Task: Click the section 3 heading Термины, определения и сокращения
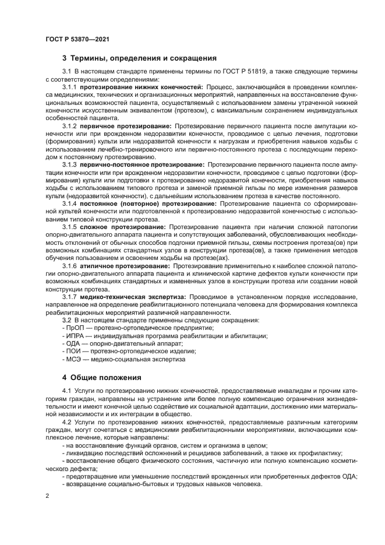point(139,58)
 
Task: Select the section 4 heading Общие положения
point(102,377)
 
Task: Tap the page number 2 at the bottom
point(47,497)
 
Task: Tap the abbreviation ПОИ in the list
point(73,352)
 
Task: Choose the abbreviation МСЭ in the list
point(73,360)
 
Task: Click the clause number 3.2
point(66,321)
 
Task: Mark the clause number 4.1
point(66,391)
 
